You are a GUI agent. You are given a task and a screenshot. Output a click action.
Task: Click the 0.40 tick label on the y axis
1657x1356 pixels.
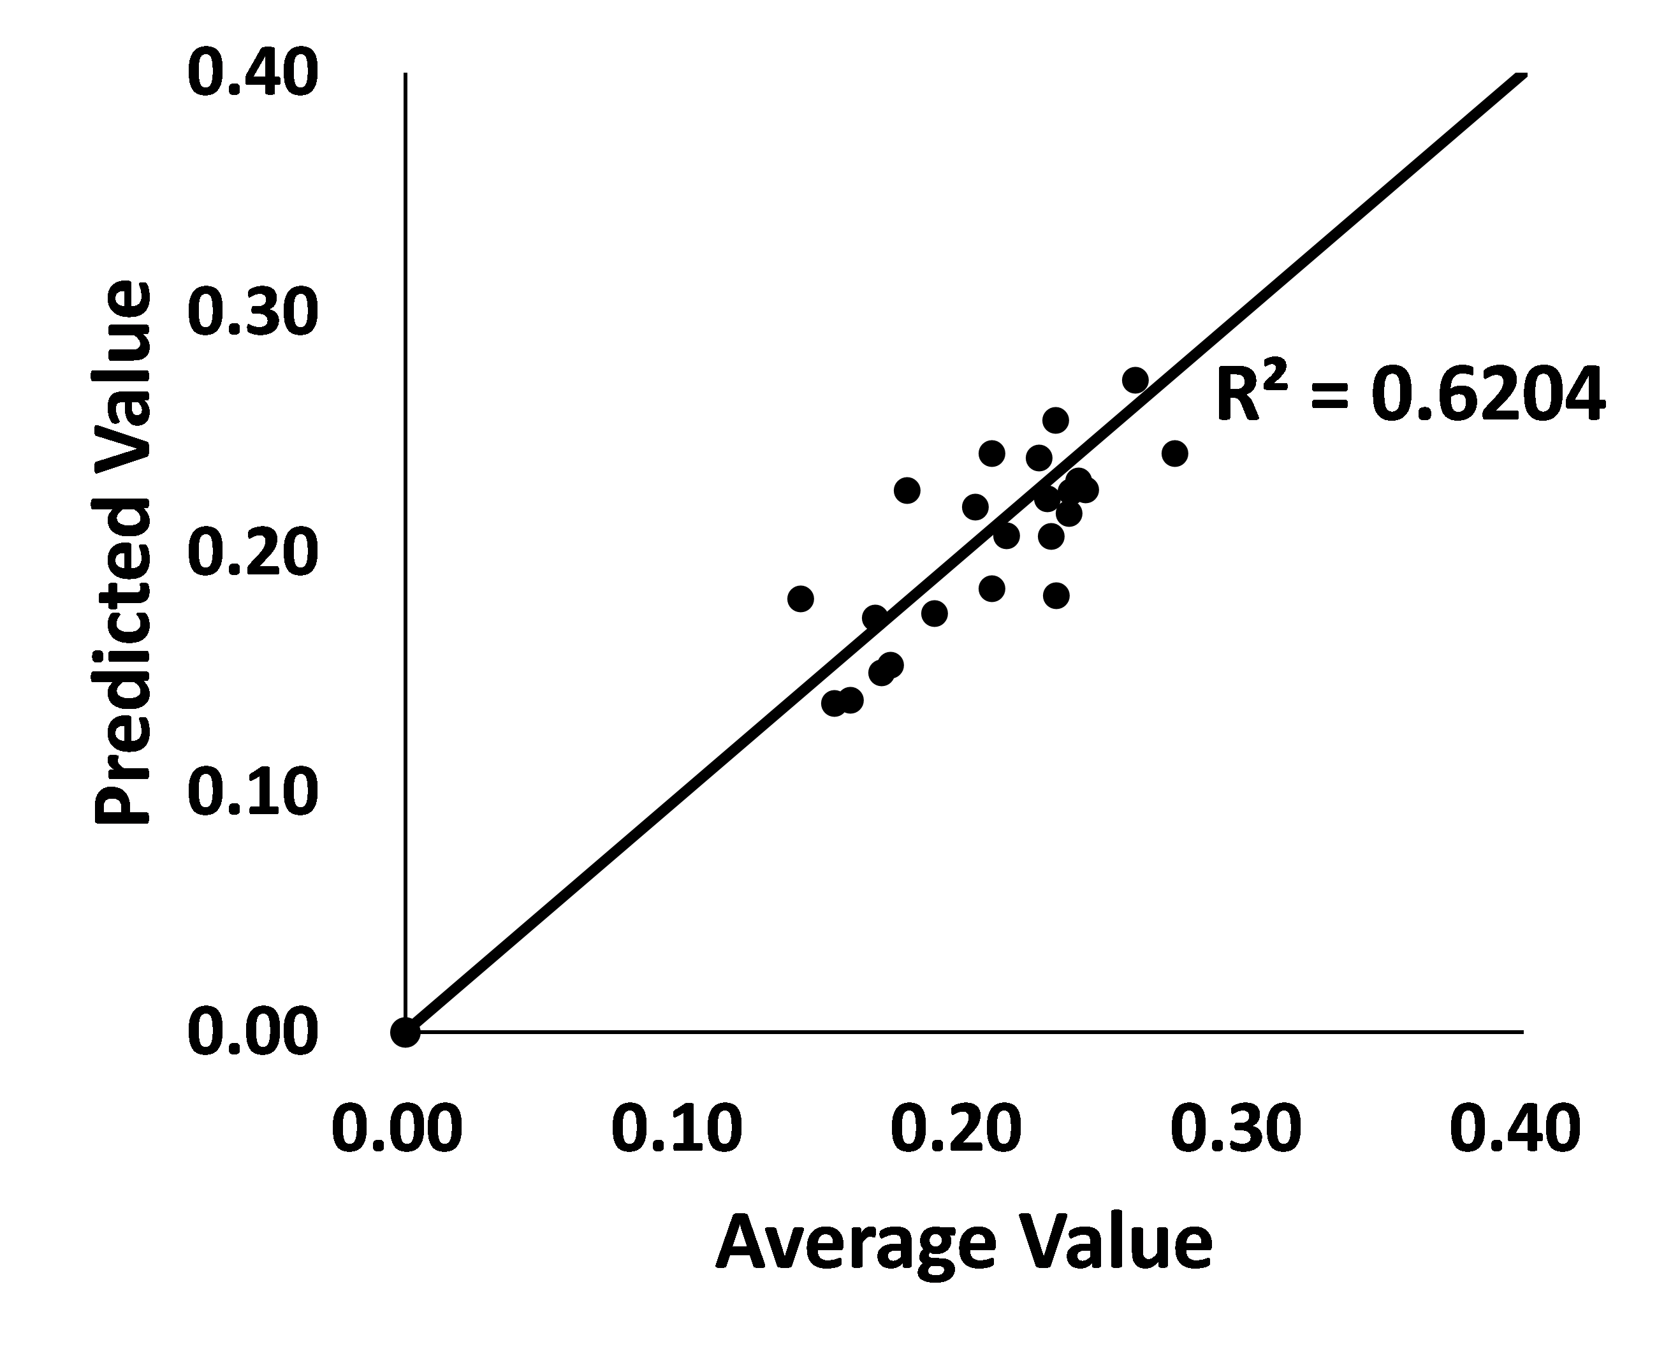click(x=252, y=73)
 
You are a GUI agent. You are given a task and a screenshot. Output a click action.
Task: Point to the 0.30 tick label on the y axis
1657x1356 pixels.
click(x=252, y=312)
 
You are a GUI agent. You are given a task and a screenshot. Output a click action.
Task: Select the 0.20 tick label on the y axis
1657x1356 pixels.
click(x=252, y=552)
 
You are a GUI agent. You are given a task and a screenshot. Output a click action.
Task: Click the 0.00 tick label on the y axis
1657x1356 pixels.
click(x=252, y=1032)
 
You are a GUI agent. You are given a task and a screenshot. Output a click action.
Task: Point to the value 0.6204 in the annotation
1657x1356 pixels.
click(x=1488, y=395)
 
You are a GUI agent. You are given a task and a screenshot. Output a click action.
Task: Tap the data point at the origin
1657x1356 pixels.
click(x=405, y=1032)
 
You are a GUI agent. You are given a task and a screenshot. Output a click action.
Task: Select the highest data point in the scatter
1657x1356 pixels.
click(x=1135, y=381)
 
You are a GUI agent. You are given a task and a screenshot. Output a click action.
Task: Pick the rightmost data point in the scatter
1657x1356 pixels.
click(x=1174, y=453)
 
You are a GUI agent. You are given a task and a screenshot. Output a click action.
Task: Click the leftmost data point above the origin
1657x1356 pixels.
click(x=800, y=599)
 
